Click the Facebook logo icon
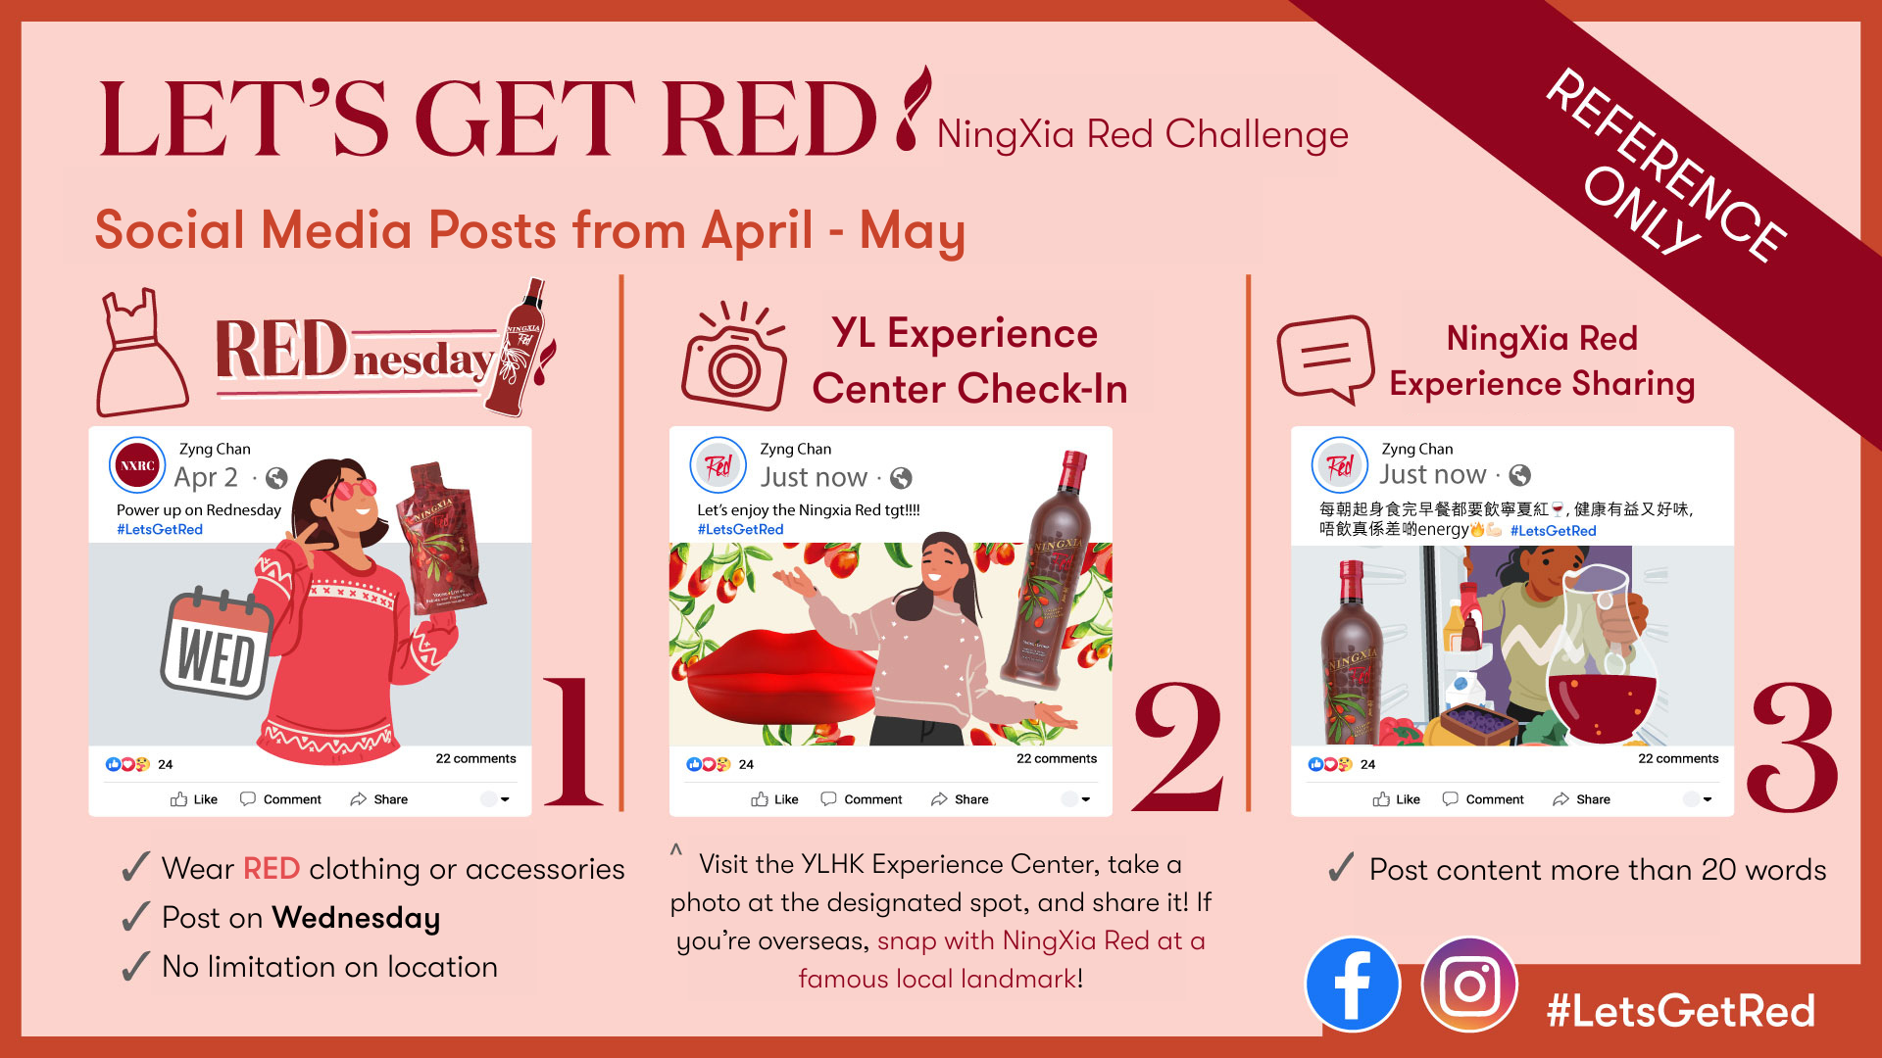1353,985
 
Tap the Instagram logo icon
1469,985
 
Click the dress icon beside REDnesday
141,353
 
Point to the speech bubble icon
1325,359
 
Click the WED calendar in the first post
218,644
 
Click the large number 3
1793,747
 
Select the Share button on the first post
379,799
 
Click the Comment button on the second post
861,799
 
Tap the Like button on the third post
1397,799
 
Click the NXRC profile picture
137,465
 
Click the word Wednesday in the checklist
356,918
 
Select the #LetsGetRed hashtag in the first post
160,529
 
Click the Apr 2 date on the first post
206,477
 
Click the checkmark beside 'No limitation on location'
135,966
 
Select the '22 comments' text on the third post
1678,758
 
